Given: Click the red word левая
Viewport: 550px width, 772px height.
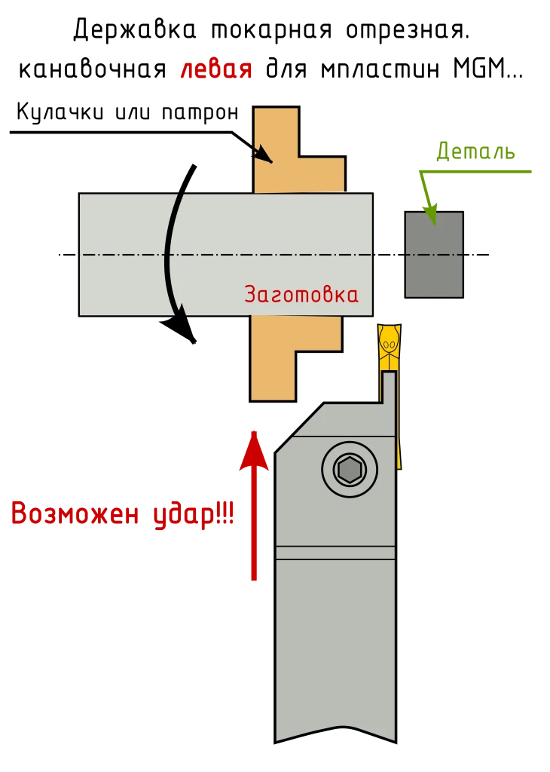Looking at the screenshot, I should [215, 70].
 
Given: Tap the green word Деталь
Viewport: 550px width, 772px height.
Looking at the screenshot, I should [475, 152].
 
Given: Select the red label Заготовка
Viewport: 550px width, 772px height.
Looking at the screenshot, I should [301, 294].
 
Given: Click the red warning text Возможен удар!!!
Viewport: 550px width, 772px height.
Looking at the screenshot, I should [123, 515].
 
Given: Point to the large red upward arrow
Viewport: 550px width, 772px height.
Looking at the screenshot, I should [254, 505].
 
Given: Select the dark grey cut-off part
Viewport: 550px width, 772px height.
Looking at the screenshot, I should [434, 255].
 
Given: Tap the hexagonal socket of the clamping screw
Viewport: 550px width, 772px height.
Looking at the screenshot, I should [350, 470].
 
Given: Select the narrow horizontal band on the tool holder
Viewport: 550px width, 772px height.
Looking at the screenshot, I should [335, 553].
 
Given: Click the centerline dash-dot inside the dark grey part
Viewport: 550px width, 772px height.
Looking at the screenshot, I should [434, 255].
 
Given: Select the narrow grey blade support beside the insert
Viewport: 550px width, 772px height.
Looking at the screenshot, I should [389, 386].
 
